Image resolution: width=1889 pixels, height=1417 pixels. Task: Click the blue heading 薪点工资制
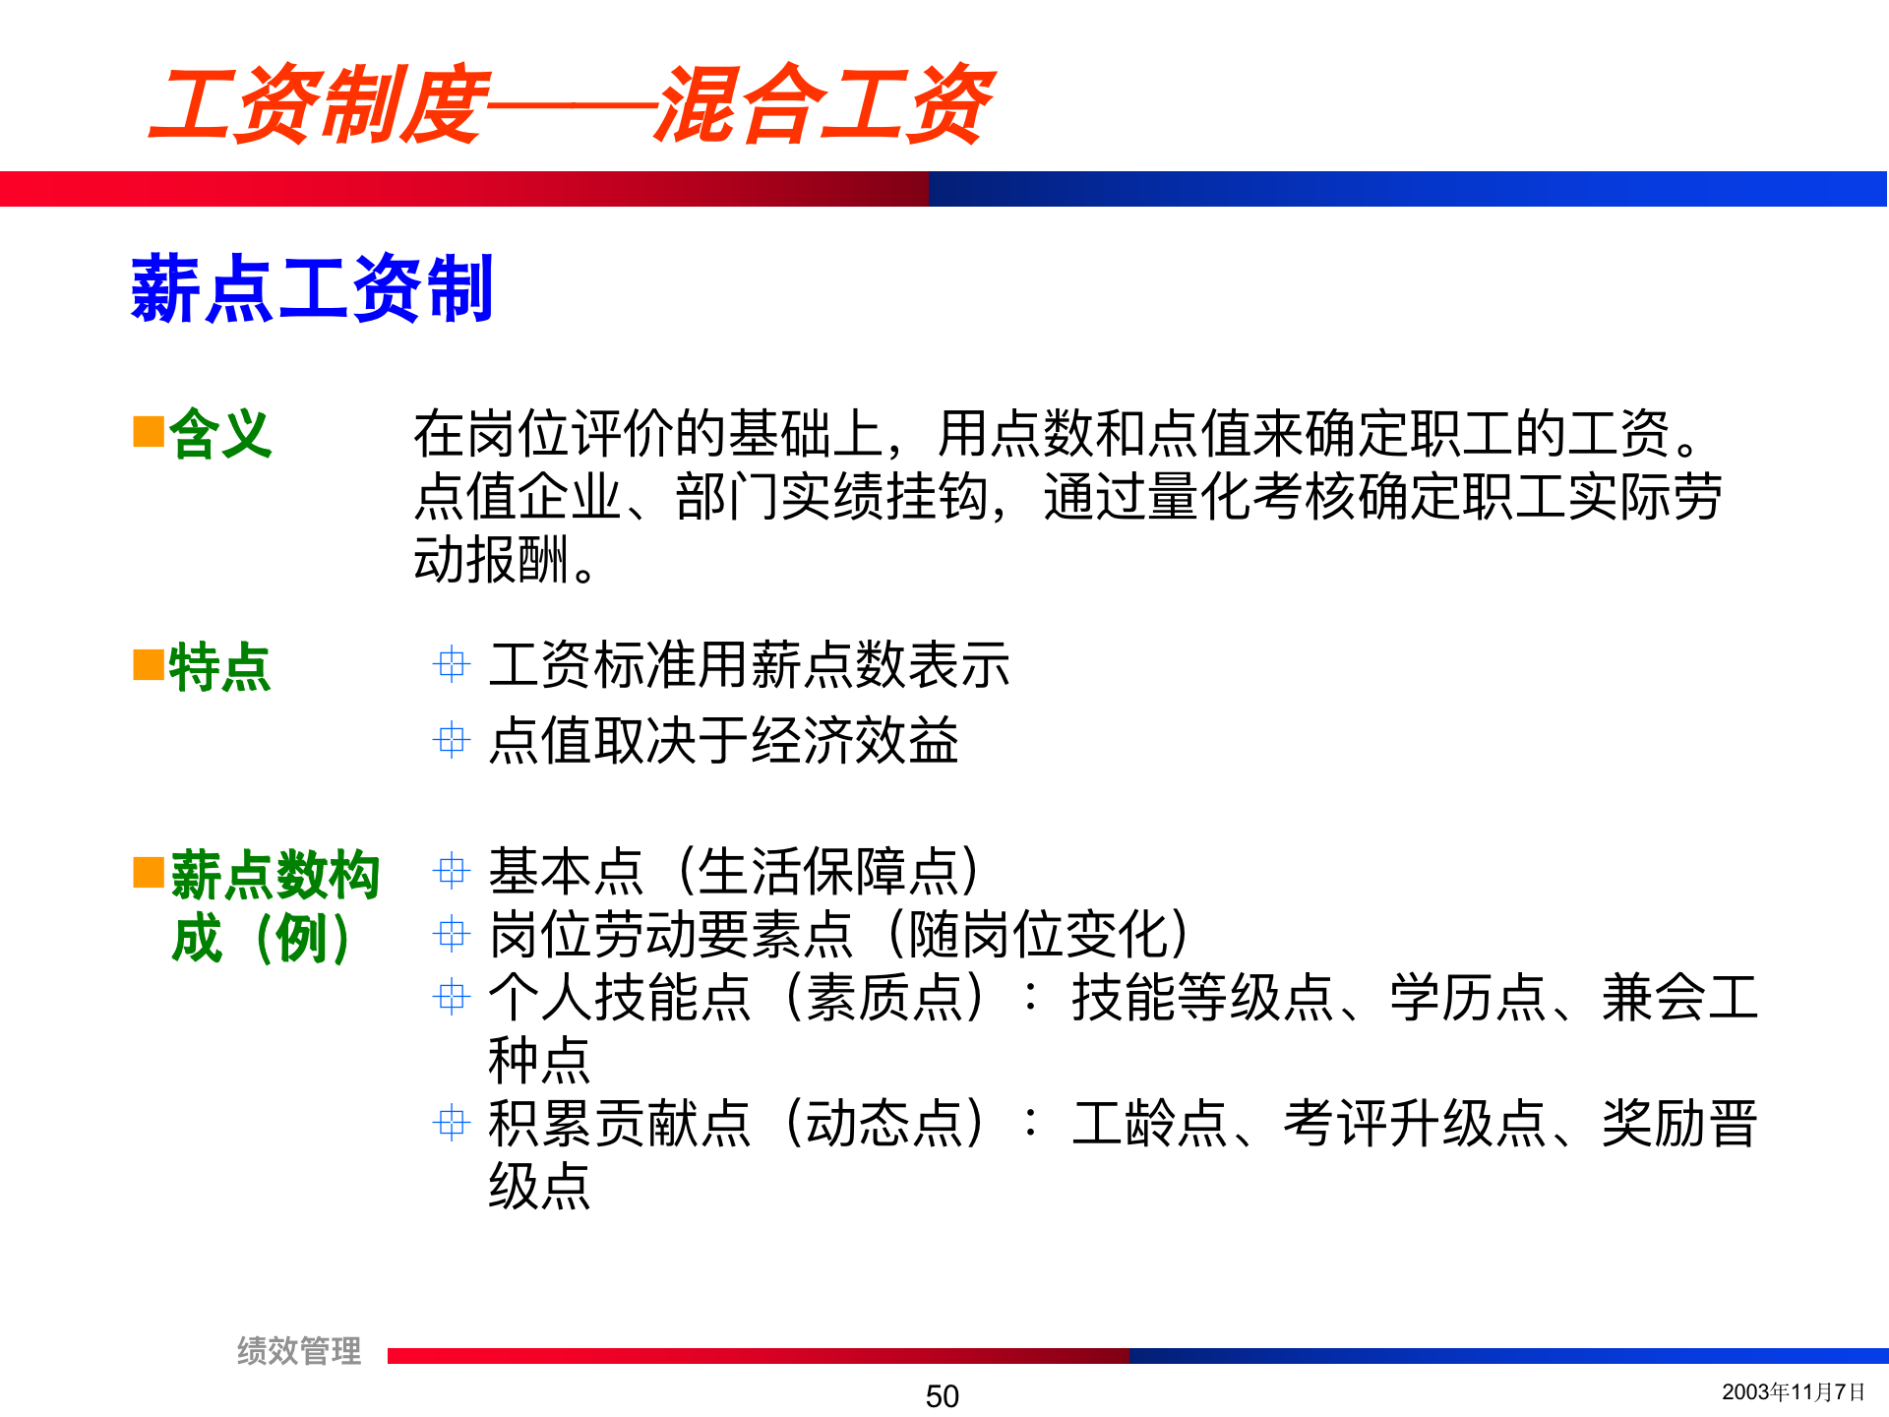coord(311,288)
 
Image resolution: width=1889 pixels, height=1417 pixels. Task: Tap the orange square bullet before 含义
coord(149,431)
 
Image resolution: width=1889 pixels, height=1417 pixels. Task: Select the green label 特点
coord(219,667)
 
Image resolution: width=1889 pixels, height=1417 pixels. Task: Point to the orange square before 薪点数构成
coord(149,872)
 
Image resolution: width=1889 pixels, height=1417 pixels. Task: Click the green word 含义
coord(219,433)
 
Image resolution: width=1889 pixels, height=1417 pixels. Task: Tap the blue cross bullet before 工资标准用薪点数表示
coord(452,664)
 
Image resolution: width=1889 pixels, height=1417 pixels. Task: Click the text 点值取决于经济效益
coord(723,740)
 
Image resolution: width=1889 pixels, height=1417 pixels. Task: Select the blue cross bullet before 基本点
coord(452,871)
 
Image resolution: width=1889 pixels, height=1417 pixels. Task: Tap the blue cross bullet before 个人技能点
coord(452,997)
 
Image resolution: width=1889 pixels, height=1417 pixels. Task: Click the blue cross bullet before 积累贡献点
coord(452,1122)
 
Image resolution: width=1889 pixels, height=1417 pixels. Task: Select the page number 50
coord(942,1395)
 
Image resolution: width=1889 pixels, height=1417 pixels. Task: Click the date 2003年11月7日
coord(1793,1391)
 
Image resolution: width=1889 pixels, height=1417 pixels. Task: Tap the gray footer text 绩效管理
coord(299,1350)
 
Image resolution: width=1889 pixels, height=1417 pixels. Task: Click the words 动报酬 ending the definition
coord(492,559)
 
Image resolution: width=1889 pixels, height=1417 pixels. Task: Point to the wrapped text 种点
coord(539,1060)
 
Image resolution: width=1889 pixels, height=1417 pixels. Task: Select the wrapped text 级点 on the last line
coord(539,1185)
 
